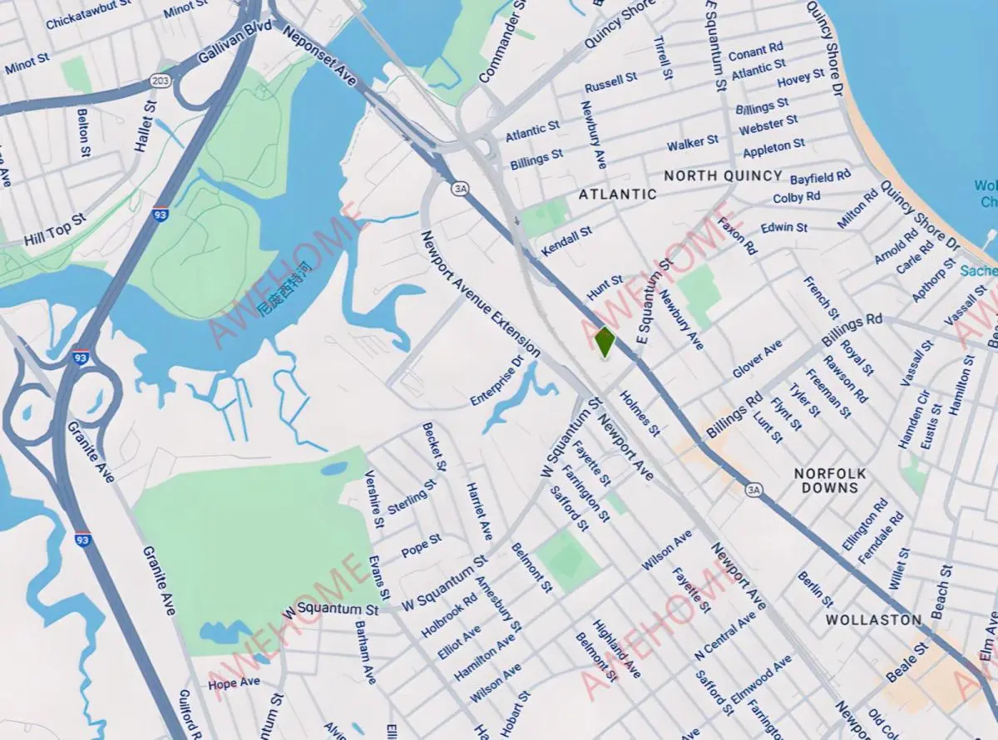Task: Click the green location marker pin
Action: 605,341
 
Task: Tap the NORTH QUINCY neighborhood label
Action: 723,175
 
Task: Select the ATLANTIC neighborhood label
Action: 617,194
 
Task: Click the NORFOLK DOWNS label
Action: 829,481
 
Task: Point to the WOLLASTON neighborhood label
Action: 873,619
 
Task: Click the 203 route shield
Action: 161,81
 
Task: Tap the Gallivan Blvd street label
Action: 225,50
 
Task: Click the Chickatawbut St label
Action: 90,17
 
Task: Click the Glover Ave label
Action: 757,359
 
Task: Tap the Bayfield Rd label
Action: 820,177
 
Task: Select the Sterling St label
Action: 411,496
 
